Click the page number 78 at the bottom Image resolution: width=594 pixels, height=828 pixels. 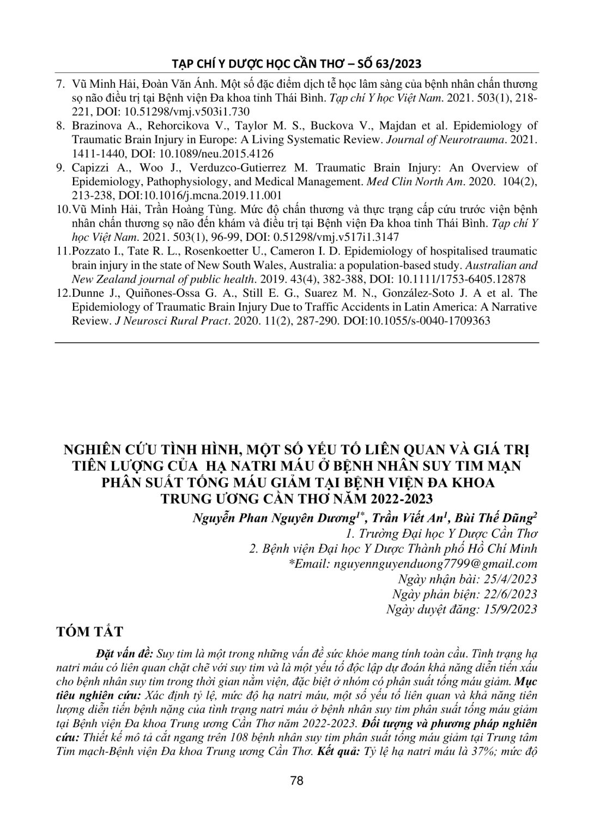pyautogui.click(x=296, y=781)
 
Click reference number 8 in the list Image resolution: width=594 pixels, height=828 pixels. pyautogui.click(x=61, y=126)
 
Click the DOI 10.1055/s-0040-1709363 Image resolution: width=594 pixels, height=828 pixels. pyautogui.click(x=416, y=321)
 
